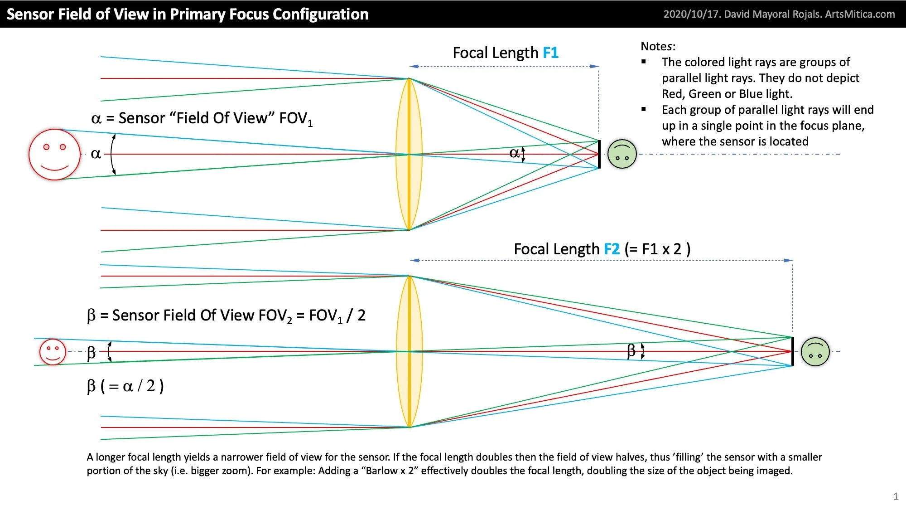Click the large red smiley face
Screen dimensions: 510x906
coord(54,155)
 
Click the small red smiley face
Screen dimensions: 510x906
coord(53,352)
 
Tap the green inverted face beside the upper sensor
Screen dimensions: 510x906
coord(622,154)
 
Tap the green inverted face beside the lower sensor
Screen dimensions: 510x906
coord(815,352)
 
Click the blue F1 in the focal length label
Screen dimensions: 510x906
coord(550,53)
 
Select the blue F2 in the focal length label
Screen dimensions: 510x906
coord(612,249)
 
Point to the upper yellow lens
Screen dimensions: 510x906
coord(409,154)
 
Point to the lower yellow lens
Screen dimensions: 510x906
coord(409,352)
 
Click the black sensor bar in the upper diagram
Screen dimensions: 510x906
coord(599,155)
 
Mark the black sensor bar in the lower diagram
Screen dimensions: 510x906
coord(792,352)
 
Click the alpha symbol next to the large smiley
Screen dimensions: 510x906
coord(96,154)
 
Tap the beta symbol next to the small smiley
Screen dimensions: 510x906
coord(91,352)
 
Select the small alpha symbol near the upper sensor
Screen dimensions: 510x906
coord(514,153)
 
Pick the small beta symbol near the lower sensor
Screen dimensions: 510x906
coord(631,350)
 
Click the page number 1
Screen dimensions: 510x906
coord(896,496)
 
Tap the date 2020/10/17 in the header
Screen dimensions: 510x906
coord(691,14)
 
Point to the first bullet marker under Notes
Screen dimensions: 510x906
coord(644,62)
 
